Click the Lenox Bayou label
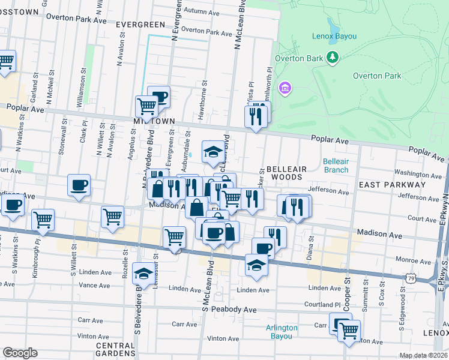point(334,37)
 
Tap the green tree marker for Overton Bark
point(331,58)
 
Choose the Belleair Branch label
point(336,166)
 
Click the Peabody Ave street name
point(237,310)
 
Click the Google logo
point(20,353)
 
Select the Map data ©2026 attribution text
point(423,355)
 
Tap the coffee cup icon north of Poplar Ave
point(159,96)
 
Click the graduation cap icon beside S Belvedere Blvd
point(143,273)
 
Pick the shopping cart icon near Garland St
point(6,61)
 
